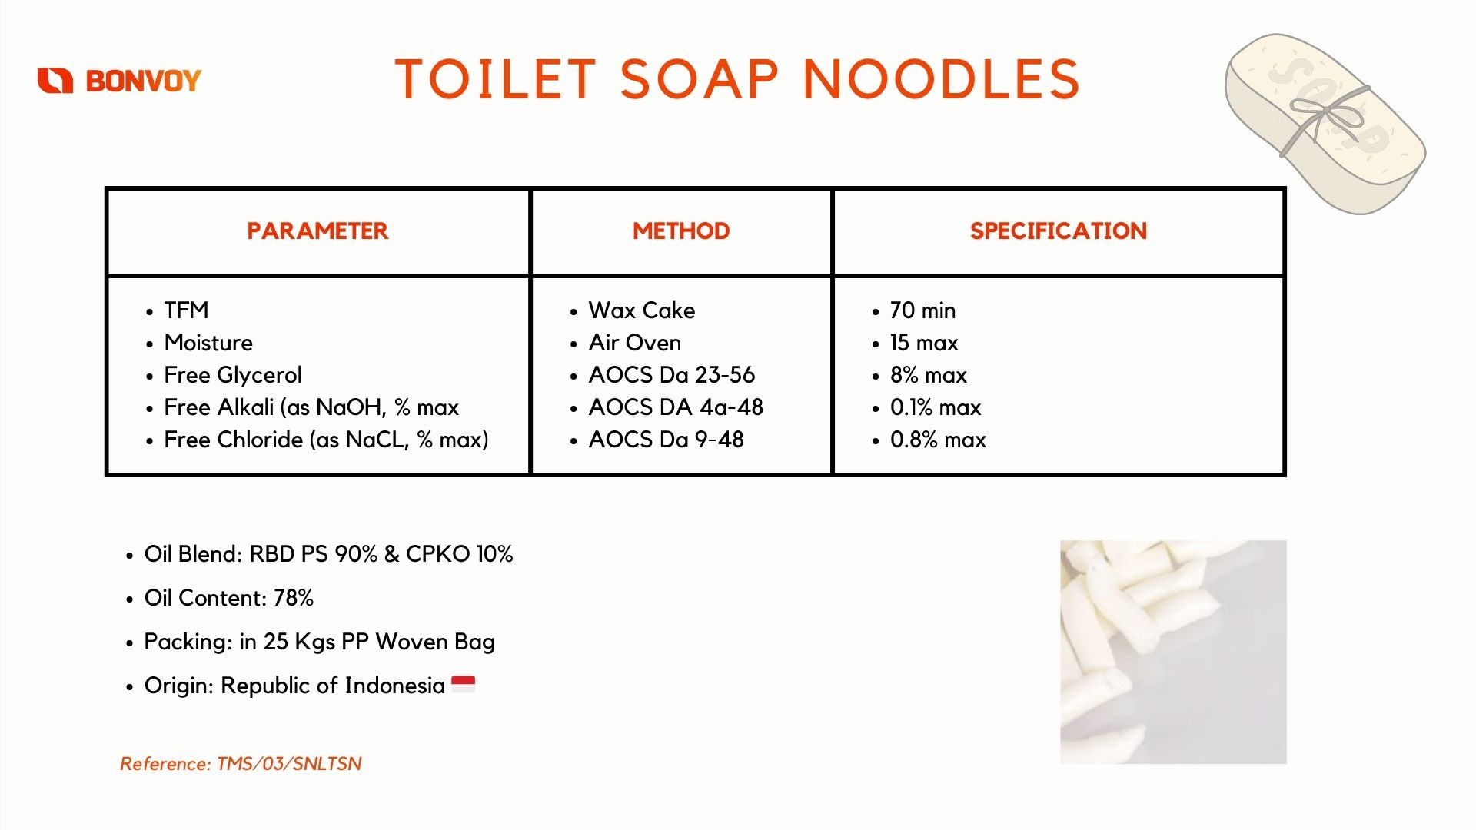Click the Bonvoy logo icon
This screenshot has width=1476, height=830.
point(55,80)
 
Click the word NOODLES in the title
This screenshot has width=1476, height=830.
point(942,79)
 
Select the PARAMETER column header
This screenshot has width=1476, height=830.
point(317,231)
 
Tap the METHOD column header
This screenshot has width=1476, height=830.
point(681,231)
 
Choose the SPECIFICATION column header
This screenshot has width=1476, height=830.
point(1059,231)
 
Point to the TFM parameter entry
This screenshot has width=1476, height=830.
point(186,310)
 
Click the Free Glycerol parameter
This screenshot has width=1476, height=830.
point(233,375)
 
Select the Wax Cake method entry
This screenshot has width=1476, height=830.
point(642,310)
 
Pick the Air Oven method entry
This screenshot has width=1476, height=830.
point(635,343)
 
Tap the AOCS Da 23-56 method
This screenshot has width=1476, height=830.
point(672,375)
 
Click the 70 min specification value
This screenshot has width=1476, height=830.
point(922,310)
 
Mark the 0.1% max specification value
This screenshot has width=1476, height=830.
point(936,407)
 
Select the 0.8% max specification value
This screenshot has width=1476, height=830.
point(938,440)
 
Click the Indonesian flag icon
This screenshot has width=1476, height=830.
point(463,684)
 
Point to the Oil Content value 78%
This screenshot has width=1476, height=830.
point(294,598)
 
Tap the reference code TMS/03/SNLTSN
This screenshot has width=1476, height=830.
point(289,764)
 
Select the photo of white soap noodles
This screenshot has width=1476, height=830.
point(1173,652)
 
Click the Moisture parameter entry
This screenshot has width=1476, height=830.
point(208,343)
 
